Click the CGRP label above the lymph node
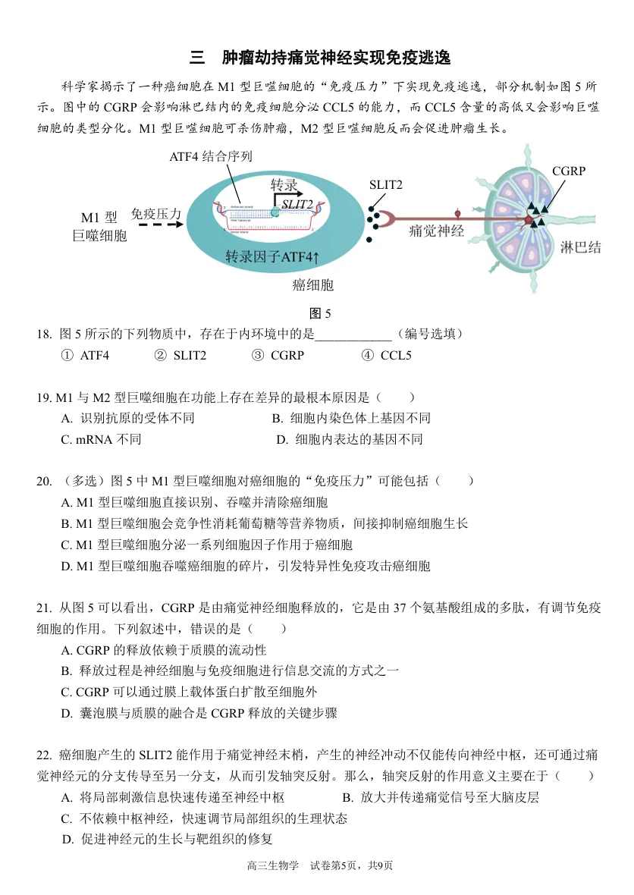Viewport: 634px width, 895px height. click(568, 171)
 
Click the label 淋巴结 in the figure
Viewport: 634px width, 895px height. click(580, 247)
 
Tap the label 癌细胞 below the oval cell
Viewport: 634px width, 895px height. click(312, 285)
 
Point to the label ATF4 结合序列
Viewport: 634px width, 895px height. click(211, 156)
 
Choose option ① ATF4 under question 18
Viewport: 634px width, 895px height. click(85, 355)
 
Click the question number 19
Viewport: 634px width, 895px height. click(43, 397)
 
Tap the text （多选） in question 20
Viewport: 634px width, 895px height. click(83, 481)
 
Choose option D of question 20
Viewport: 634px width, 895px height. click(245, 566)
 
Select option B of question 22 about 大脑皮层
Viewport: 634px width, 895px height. click(440, 797)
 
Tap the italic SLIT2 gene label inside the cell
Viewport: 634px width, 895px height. click(297, 204)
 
